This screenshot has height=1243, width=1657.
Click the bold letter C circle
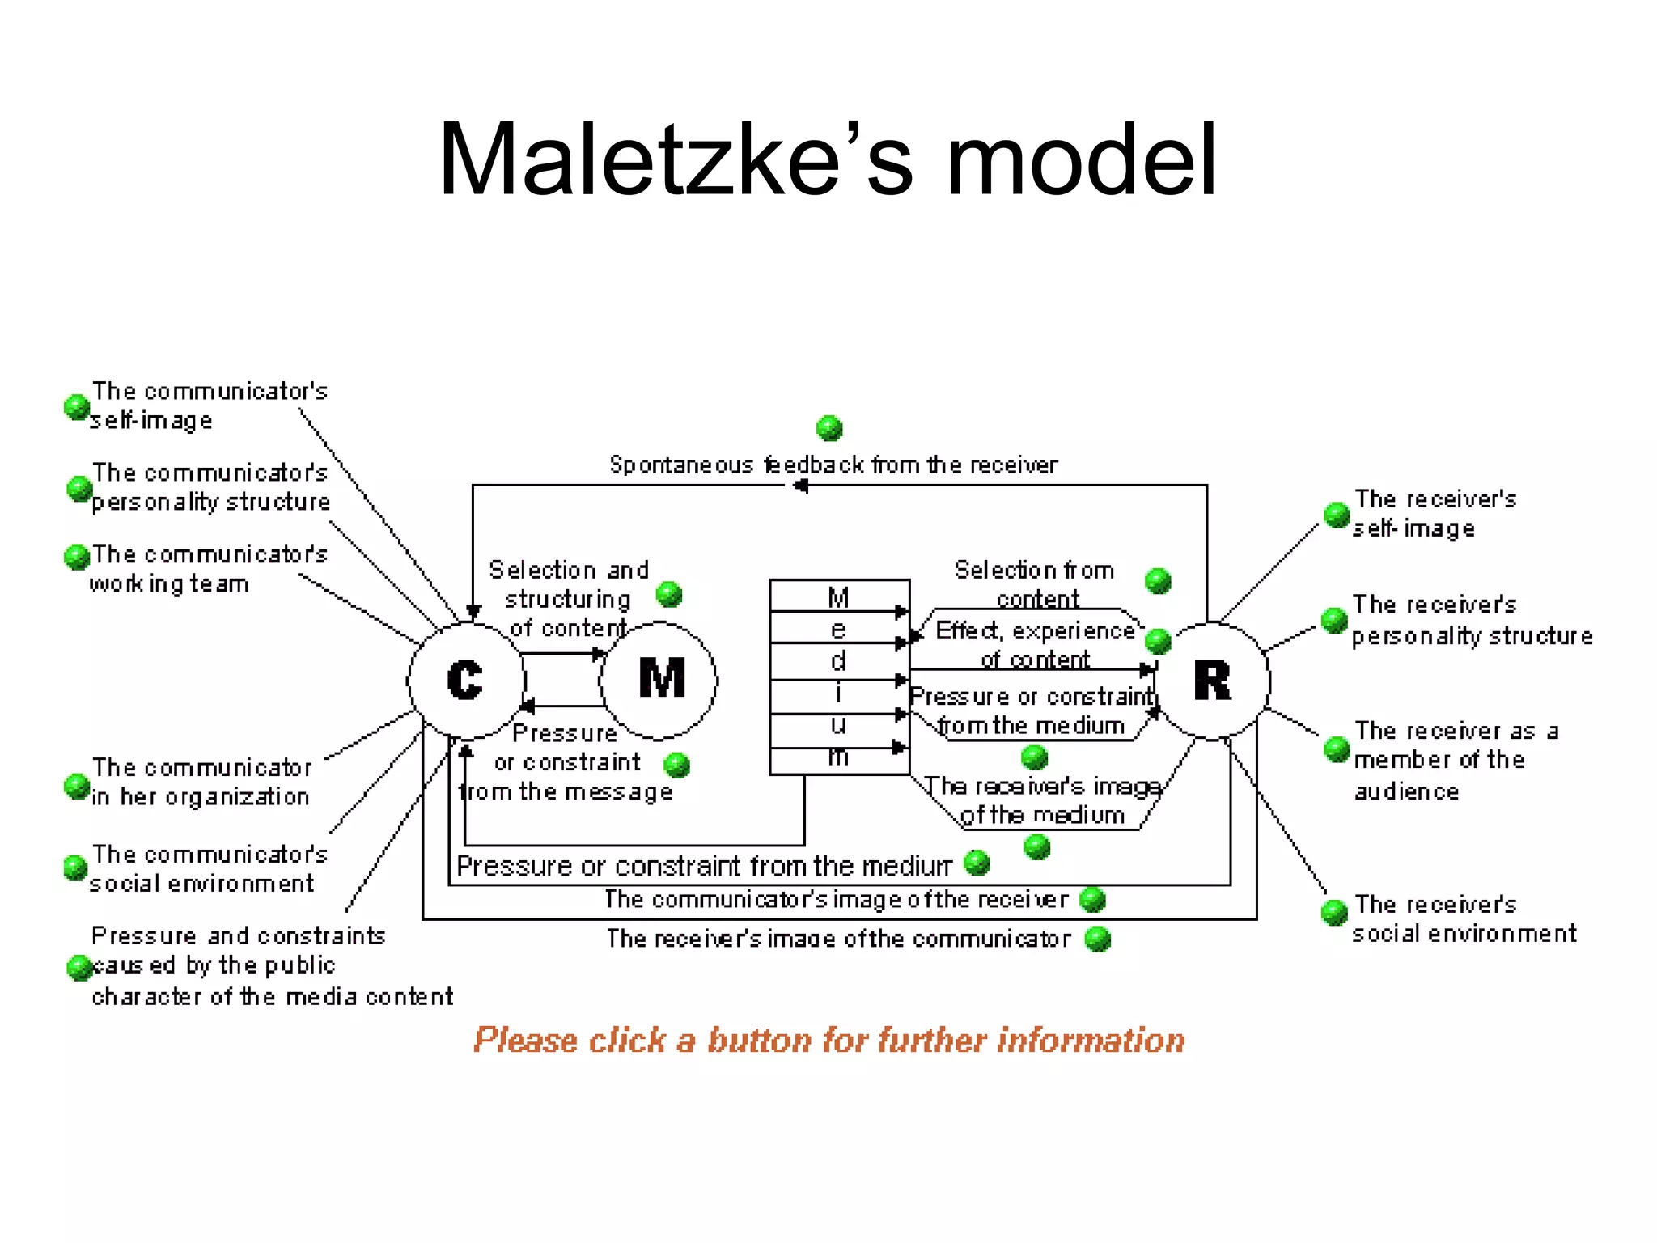[x=466, y=680]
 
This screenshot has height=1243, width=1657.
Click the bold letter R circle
[x=1211, y=681]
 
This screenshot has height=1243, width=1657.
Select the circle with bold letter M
[x=660, y=679]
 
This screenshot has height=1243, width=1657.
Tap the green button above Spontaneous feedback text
[x=829, y=428]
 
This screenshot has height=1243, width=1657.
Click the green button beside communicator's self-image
[x=77, y=407]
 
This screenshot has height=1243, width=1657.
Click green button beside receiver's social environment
[x=1334, y=912]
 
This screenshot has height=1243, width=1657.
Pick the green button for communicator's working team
[x=77, y=557]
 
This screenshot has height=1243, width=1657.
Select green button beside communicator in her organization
[x=77, y=786]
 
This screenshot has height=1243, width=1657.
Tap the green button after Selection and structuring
[x=669, y=595]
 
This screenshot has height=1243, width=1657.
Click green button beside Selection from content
[x=1158, y=580]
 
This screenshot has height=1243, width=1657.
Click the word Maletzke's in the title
[x=676, y=159]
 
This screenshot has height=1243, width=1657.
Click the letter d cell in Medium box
[x=838, y=661]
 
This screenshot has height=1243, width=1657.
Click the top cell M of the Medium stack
[x=838, y=597]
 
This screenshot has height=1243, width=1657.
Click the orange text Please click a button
[x=828, y=1040]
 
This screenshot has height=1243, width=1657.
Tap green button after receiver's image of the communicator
[x=1098, y=939]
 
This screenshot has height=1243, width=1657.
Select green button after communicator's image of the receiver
[x=1093, y=899]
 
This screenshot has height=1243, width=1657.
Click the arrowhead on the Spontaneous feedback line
[x=800, y=486]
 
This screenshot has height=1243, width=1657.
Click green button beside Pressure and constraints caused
[x=79, y=967]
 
